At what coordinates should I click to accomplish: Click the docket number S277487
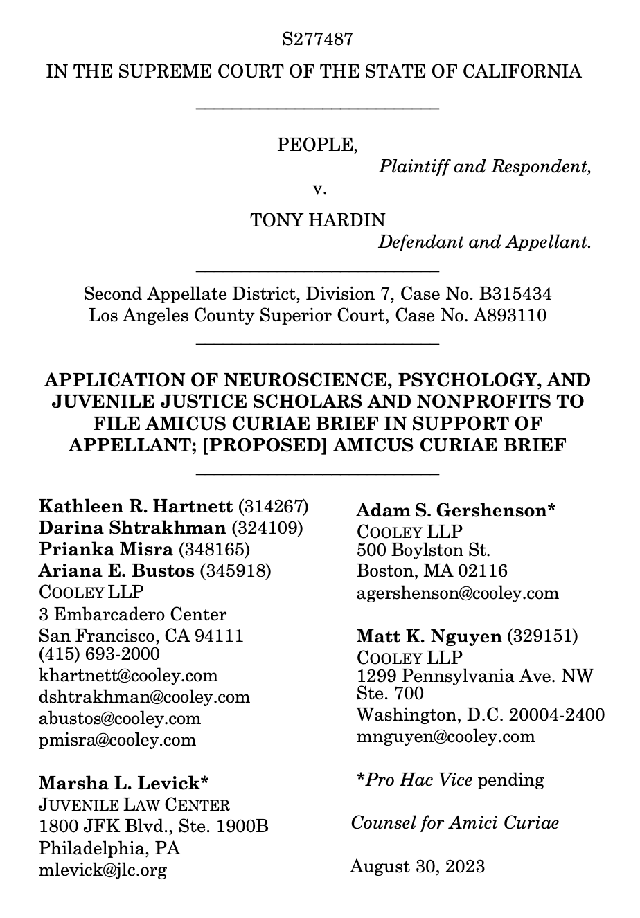[x=318, y=39]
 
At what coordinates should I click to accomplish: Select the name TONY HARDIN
[x=317, y=221]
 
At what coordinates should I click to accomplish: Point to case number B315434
[x=516, y=294]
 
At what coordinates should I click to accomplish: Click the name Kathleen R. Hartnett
[x=136, y=506]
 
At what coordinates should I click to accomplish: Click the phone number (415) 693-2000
[x=99, y=654]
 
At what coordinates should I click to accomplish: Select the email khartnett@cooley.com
[x=128, y=675]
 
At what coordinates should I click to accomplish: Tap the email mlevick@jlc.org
[x=103, y=870]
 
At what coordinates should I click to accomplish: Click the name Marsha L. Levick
[x=123, y=783]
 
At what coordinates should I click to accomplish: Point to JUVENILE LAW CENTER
[x=134, y=804]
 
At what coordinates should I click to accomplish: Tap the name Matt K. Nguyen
[x=429, y=636]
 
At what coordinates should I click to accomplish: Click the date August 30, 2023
[x=417, y=866]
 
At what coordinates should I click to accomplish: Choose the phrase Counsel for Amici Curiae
[x=454, y=822]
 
